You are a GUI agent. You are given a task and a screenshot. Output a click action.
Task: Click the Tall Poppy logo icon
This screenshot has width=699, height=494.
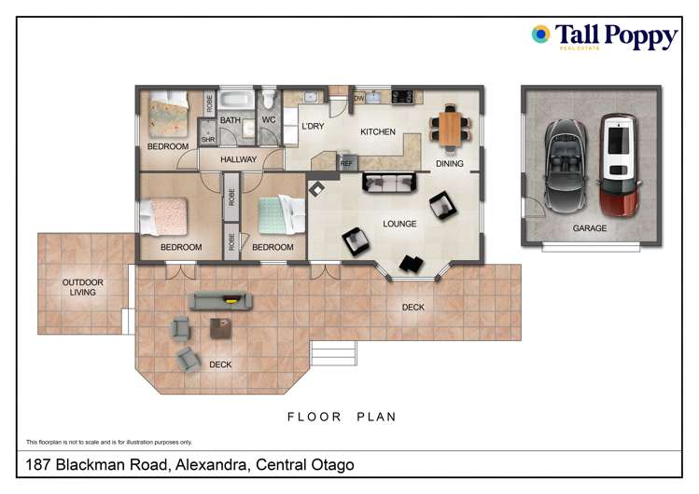click(x=540, y=34)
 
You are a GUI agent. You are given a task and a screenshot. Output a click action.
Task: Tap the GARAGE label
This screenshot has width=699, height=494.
click(x=589, y=228)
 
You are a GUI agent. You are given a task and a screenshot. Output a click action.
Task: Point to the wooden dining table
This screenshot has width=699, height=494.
click(x=451, y=126)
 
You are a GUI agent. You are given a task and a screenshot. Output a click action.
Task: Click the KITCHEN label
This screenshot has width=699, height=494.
click(x=378, y=132)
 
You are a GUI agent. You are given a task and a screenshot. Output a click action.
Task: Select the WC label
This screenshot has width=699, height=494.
click(x=269, y=120)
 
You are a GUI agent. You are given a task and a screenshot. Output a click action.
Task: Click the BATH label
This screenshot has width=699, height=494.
click(x=231, y=121)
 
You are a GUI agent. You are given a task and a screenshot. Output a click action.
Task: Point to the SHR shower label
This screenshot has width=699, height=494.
click(x=207, y=141)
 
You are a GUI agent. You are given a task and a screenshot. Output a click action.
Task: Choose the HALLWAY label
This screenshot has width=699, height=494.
click(x=239, y=160)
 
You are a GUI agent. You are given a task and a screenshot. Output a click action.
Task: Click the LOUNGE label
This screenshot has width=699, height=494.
click(x=399, y=224)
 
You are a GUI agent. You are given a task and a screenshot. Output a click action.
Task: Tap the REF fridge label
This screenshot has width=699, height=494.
click(x=346, y=163)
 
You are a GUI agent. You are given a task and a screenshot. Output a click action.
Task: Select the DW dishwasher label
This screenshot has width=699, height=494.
click(x=358, y=98)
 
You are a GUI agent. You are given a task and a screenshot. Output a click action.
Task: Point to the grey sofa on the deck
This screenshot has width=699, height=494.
click(x=221, y=299)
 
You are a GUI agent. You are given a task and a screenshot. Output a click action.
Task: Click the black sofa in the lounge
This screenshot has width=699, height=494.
click(x=389, y=183)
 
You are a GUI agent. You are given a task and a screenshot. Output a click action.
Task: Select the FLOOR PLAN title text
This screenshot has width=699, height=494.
click(x=342, y=417)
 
